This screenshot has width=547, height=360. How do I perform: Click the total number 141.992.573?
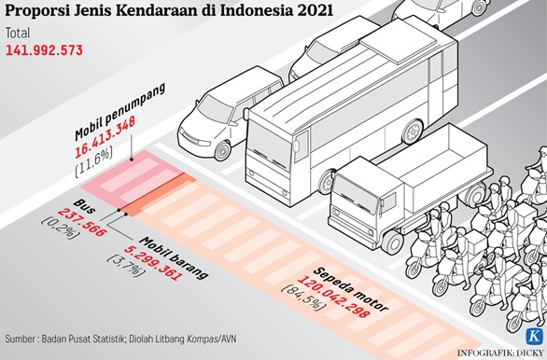tap(44, 50)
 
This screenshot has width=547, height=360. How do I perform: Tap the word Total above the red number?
tap(18, 34)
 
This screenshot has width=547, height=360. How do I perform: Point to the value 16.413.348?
tap(105, 137)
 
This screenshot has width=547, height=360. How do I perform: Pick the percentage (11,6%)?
tap(94, 163)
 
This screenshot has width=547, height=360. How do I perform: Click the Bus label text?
tap(84, 207)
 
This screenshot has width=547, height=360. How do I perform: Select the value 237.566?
tap(81, 222)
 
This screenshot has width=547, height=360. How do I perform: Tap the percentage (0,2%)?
tap(61, 228)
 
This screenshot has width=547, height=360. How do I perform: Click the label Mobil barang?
tap(174, 258)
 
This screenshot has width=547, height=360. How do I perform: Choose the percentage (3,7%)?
tap(126, 266)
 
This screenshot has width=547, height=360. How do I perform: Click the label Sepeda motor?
tap(351, 289)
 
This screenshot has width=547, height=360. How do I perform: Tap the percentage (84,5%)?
tap(304, 298)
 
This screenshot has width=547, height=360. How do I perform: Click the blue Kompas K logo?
tap(535, 337)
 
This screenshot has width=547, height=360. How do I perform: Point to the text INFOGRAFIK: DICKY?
tap(500, 353)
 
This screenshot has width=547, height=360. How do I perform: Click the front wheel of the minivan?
tap(222, 150)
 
